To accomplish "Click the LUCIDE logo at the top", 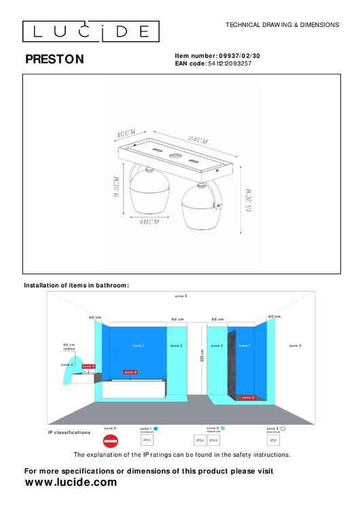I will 91,31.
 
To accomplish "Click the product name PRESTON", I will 54,60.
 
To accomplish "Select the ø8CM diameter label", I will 149,222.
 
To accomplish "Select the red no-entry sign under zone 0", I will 111,440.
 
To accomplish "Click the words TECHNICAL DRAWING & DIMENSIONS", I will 282,24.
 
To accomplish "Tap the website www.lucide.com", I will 71,483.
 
